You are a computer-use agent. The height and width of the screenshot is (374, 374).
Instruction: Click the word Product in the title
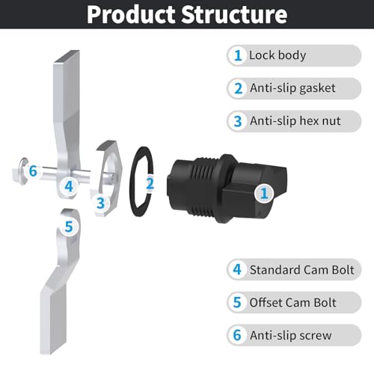point(131,14)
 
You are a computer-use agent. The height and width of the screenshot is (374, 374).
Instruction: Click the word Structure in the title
point(234,14)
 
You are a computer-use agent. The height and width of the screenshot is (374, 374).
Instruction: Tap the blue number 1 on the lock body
point(264,193)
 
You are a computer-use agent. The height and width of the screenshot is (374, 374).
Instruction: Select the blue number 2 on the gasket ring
point(150,183)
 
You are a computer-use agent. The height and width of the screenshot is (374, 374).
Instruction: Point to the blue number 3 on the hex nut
point(100,203)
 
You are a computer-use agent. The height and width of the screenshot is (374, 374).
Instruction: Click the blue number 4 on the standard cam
point(69,186)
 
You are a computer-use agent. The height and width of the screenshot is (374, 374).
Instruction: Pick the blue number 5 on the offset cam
point(69,227)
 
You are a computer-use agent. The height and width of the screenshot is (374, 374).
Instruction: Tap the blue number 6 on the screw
point(33,171)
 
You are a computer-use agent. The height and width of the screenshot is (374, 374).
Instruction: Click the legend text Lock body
point(278,55)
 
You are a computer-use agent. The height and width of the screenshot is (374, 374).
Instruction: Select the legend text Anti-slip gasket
point(292,88)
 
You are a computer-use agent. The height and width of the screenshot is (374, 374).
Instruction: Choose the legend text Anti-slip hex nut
point(295,121)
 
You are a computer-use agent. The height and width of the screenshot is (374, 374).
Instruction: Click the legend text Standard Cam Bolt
point(302,270)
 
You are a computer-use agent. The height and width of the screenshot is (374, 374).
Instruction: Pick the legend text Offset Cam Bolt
point(293,303)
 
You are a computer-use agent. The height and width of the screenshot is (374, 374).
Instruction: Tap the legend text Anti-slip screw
point(291,335)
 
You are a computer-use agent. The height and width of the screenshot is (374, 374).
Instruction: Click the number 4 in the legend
point(237,269)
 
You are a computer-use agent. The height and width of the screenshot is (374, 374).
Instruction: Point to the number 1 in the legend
point(238,55)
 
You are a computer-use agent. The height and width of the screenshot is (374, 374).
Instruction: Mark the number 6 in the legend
point(237,335)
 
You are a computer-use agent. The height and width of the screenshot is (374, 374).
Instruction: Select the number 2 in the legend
point(238,88)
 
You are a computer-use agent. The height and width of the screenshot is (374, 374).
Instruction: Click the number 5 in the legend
point(237,302)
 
